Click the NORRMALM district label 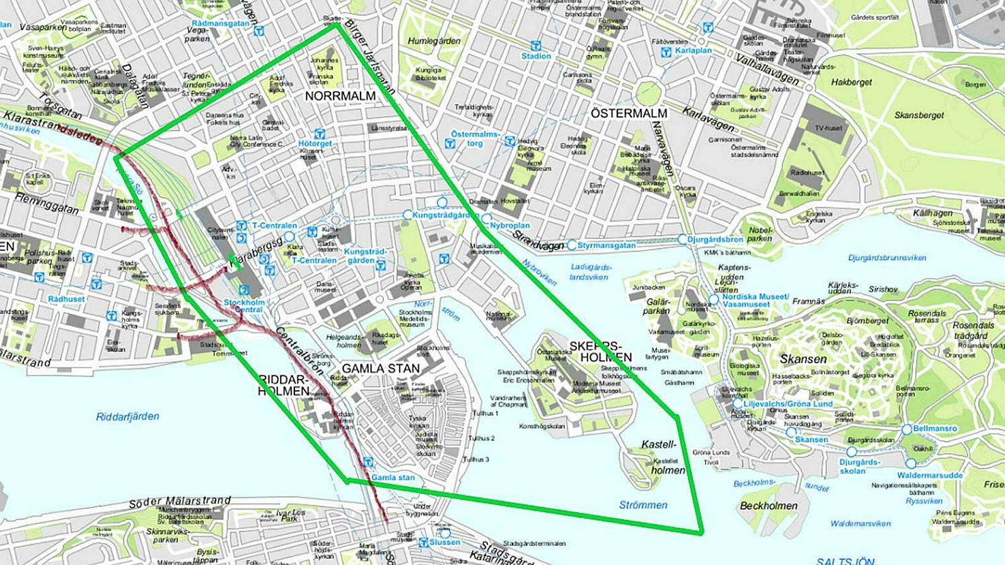pos(340,96)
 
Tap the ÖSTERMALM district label pos(629,114)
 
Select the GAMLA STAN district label pos(380,368)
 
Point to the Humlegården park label pos(434,41)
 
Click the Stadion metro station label pos(536,56)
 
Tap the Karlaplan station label pos(693,50)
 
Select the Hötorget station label pos(315,144)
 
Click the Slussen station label pos(444,542)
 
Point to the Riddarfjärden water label pos(127,416)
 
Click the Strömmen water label pos(642,504)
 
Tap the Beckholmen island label pos(768,506)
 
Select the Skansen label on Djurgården pos(803,359)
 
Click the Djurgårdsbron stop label pos(715,240)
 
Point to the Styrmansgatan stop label pos(606,245)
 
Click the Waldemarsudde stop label pos(930,475)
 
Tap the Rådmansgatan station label pos(221,23)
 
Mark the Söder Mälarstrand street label pos(180,502)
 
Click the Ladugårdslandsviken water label pos(590,272)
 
